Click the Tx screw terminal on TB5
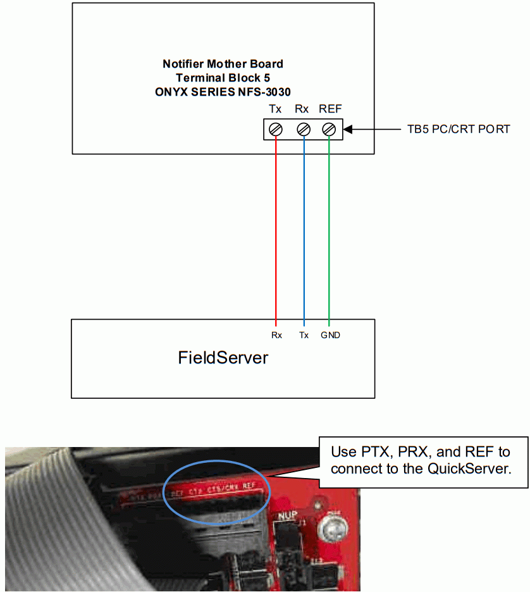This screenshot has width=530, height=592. click(x=276, y=129)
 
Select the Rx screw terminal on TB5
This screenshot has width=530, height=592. click(x=303, y=129)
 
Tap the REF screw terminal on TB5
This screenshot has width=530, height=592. click(x=329, y=129)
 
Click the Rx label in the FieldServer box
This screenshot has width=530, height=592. click(x=276, y=335)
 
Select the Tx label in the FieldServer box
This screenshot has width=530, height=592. click(x=304, y=335)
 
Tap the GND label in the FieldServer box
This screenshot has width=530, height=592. click(x=330, y=335)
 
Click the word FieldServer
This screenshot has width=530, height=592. click(x=223, y=358)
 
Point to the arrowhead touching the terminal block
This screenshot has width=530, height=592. click(x=348, y=129)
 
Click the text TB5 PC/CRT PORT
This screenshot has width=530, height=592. click(x=458, y=129)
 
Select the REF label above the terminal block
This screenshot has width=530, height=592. click(x=330, y=109)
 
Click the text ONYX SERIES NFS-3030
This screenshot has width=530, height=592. click(x=223, y=91)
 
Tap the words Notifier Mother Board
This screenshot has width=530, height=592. click(x=223, y=64)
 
